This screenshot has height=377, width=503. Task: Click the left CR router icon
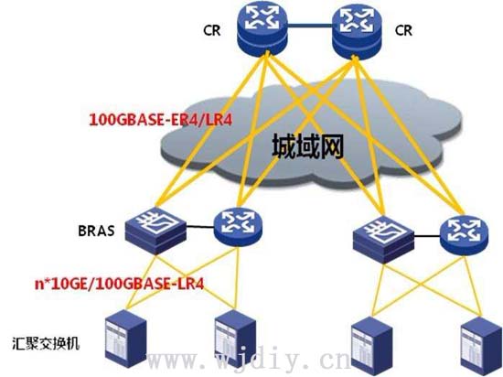262,28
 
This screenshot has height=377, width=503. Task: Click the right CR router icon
357,31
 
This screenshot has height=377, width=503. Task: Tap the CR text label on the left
212,30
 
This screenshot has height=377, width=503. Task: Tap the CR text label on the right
404,30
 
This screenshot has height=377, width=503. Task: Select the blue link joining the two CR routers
309,26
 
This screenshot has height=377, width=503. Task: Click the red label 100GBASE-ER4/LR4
160,120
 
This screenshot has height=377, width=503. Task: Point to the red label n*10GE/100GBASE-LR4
119,284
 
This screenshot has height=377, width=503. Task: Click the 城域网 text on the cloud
308,146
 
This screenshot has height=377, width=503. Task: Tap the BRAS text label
96,231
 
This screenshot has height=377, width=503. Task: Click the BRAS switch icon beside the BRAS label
155,231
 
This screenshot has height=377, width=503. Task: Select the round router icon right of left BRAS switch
238,227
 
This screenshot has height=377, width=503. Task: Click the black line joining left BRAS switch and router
200,227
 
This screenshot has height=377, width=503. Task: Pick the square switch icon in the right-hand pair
383,240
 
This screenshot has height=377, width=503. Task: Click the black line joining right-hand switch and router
427,236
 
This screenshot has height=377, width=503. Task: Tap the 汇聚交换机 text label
46,343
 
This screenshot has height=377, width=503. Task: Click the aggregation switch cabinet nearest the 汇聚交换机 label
126,339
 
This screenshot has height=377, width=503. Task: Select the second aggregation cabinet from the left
235,339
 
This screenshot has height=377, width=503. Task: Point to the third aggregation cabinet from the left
372,346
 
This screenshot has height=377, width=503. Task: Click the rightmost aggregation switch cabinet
481,346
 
